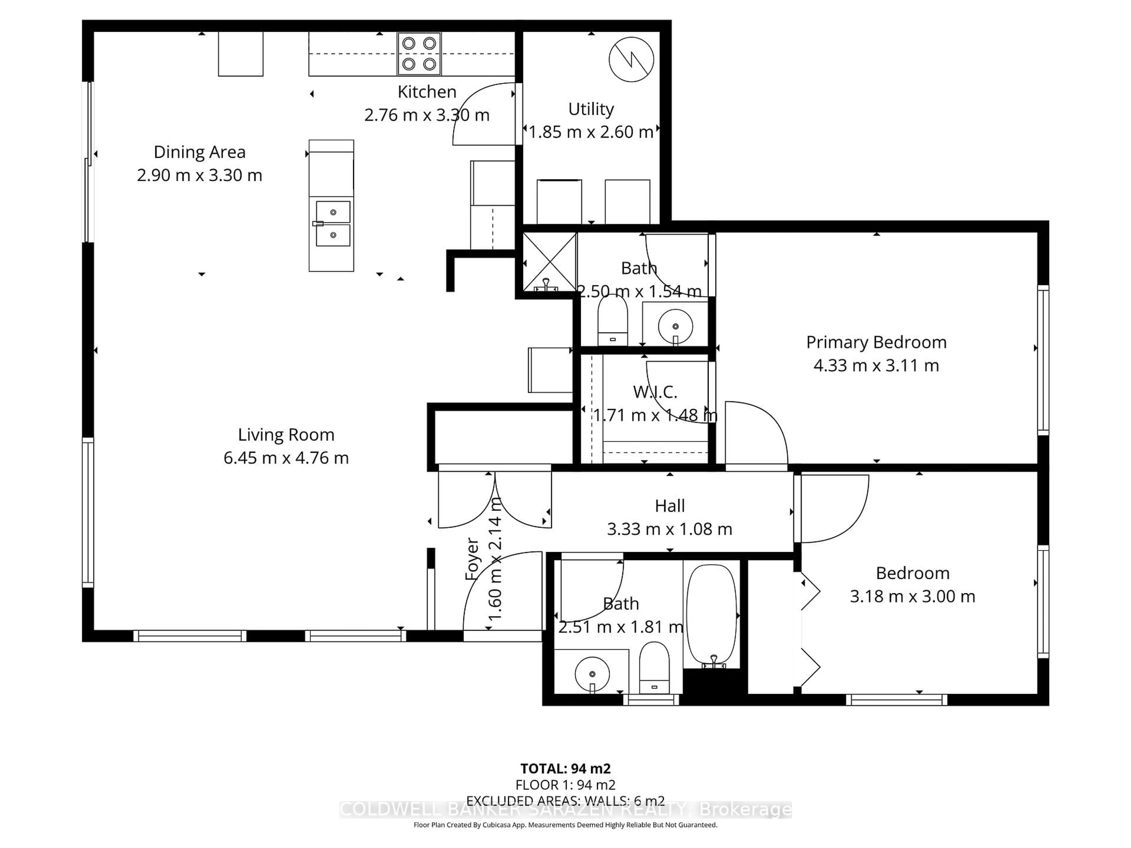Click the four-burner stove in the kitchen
click(419, 54)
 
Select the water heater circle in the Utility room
click(631, 59)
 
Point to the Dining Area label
click(199, 152)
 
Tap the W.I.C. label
click(655, 392)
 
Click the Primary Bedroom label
click(876, 342)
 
